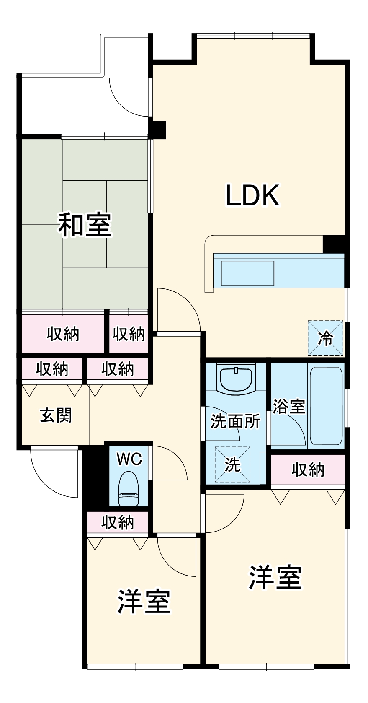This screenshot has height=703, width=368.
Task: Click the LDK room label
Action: (252, 195)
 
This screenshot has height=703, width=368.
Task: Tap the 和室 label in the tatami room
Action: (85, 225)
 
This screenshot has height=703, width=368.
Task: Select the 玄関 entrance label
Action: (56, 415)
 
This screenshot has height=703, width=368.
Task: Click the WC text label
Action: (129, 459)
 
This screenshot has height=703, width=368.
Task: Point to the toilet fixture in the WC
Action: (129, 488)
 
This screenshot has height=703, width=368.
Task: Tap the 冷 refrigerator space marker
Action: (326, 338)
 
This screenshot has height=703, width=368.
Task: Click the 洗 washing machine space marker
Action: (233, 464)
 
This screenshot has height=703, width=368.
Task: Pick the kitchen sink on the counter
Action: (247, 273)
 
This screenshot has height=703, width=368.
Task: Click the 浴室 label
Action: (289, 406)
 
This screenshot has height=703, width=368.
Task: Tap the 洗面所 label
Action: (235, 421)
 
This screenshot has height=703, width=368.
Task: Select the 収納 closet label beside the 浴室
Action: (308, 470)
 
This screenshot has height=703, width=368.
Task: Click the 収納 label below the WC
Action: (118, 522)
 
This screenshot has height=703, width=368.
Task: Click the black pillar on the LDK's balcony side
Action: (159, 130)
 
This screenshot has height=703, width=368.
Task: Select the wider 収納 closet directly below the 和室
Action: (63, 334)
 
